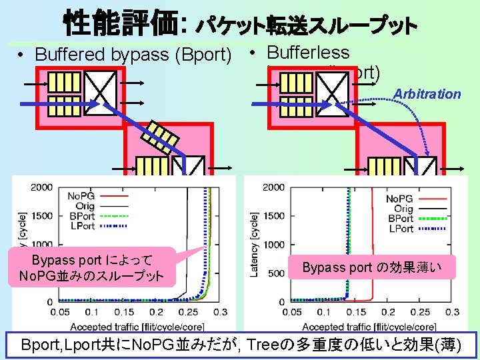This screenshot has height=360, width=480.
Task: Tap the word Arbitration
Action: click(x=427, y=94)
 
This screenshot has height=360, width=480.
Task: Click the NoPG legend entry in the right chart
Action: click(x=399, y=198)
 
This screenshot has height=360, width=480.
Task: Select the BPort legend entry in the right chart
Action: click(x=399, y=219)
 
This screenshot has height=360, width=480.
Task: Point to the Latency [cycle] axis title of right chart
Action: click(x=254, y=244)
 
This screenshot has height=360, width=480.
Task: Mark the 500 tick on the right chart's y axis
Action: click(x=276, y=273)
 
